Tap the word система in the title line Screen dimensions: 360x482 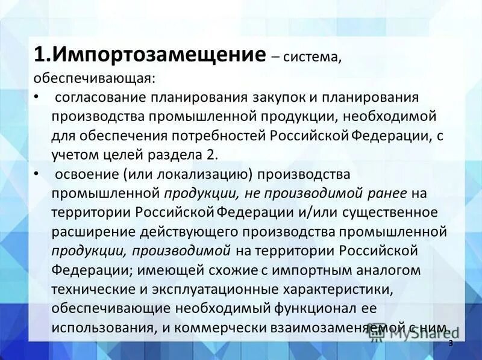312,57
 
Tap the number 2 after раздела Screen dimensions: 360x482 210,154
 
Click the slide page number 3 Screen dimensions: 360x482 450,343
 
